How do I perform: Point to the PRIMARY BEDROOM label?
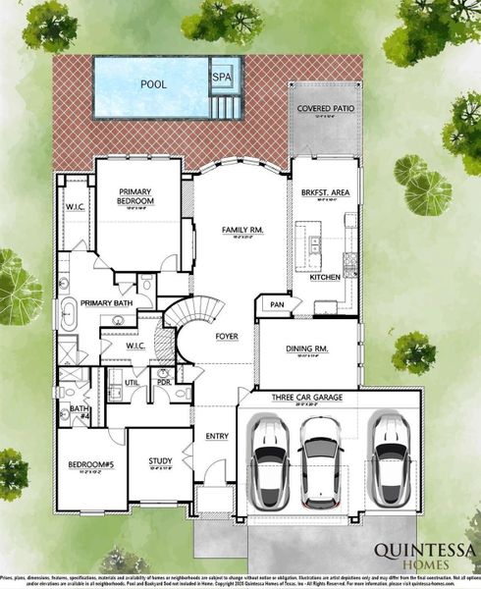point(138,196)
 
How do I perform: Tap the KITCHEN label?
point(325,278)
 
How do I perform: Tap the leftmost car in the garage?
point(268,459)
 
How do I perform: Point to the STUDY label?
point(160,460)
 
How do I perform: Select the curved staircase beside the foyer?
point(187,324)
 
